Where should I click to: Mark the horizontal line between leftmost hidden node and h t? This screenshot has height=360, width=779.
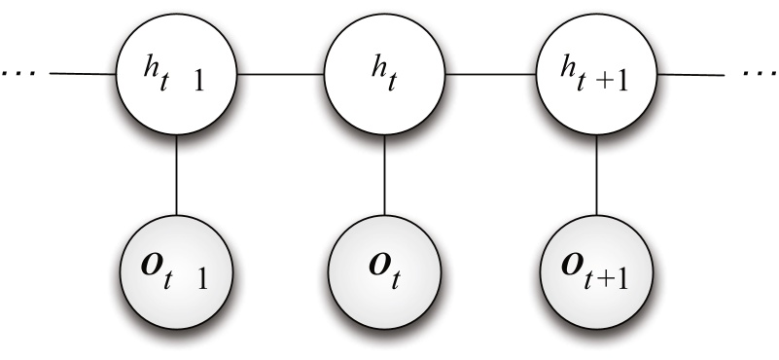point(280,73)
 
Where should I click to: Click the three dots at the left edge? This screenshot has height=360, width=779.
point(18,74)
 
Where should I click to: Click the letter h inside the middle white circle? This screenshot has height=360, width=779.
point(376,64)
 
